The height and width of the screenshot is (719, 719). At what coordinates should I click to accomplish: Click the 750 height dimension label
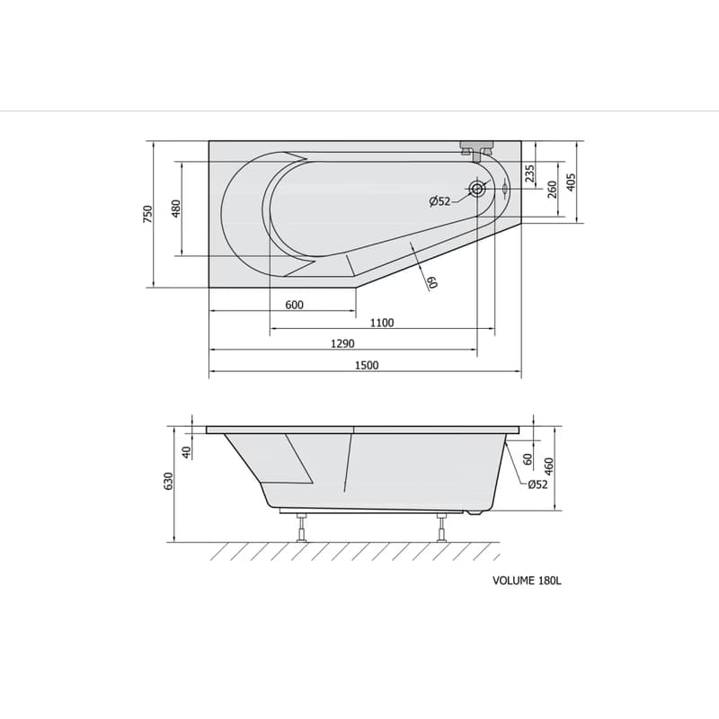[x=147, y=214]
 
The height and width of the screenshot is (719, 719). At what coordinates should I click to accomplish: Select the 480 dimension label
[x=176, y=209]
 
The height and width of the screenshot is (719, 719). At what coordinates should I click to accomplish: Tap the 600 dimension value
[x=295, y=305]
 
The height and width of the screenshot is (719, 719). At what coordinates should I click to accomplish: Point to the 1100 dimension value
[x=382, y=323]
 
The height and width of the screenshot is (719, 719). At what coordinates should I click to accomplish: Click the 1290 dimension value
[x=342, y=343]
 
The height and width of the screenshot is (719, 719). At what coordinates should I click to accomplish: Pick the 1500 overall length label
[x=367, y=365]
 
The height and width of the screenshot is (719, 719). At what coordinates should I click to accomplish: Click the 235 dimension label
[x=529, y=173]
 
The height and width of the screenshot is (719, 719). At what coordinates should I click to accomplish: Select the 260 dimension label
[x=552, y=190]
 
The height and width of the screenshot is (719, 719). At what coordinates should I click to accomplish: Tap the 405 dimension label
[x=571, y=182]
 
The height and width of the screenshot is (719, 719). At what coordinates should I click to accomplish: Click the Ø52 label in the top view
[x=439, y=200]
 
